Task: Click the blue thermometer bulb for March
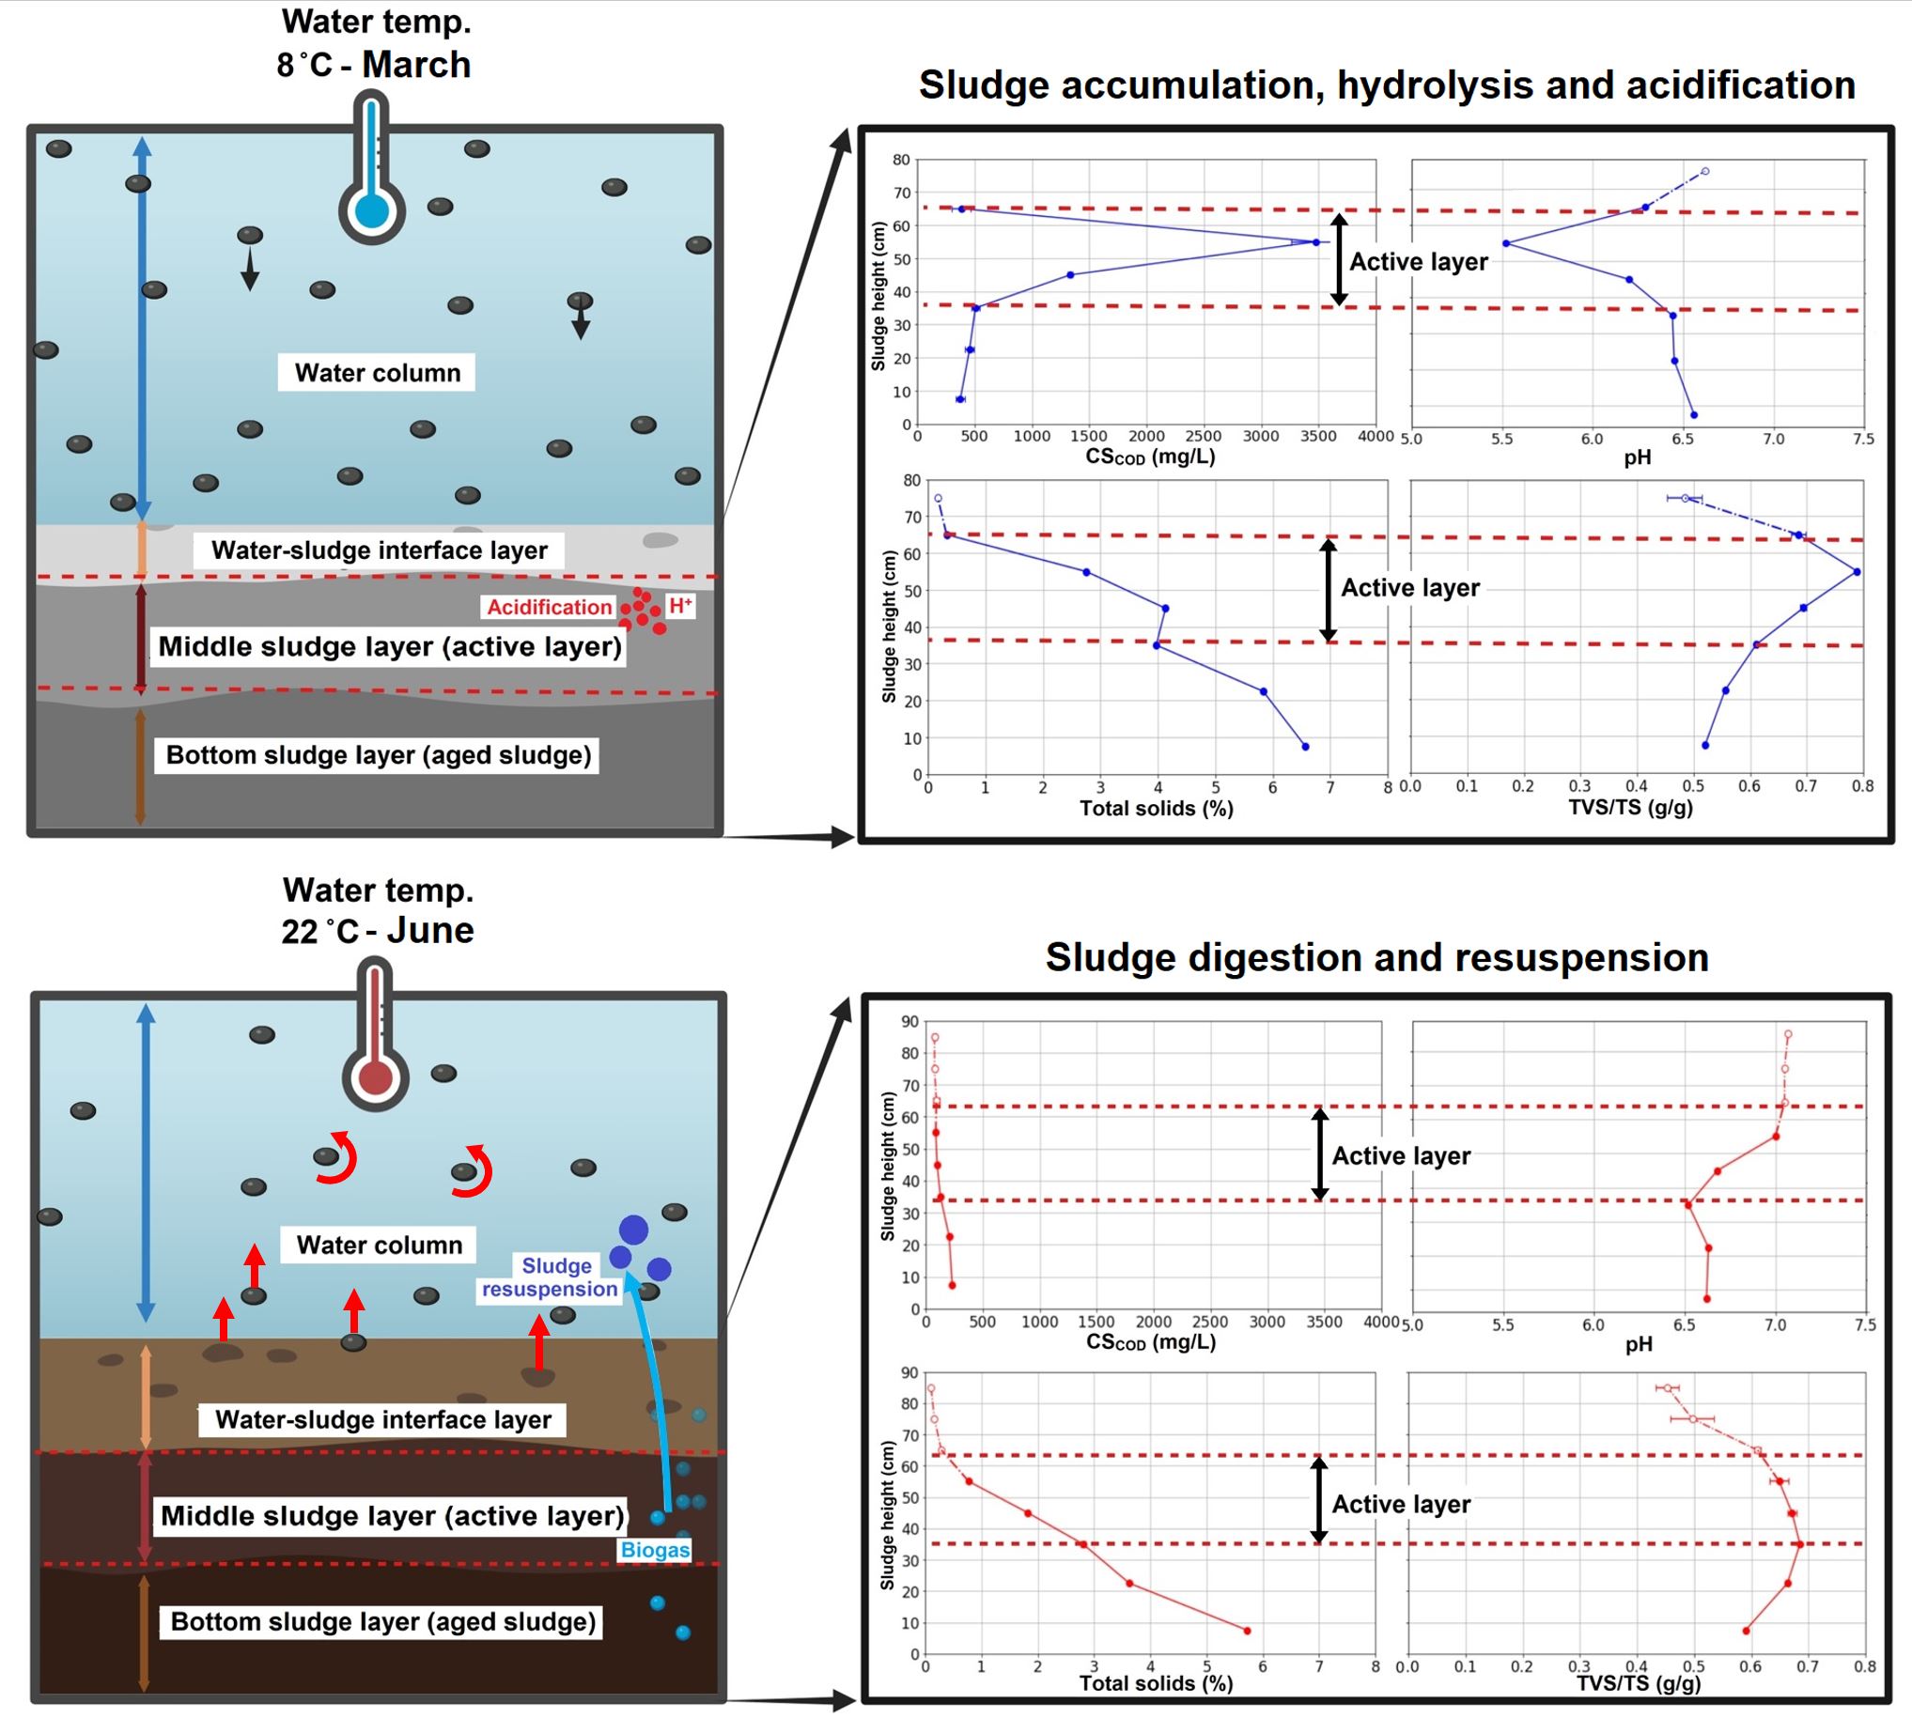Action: point(372,210)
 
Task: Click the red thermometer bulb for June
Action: point(376,1077)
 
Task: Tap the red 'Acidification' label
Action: point(549,607)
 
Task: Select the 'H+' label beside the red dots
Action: point(680,605)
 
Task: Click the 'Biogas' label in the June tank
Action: point(654,1550)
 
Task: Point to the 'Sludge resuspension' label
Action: point(551,1277)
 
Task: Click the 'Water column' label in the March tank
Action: point(377,373)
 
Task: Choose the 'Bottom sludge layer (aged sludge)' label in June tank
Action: point(382,1621)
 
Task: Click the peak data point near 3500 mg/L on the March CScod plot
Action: point(1316,242)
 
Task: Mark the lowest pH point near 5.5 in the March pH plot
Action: point(1506,243)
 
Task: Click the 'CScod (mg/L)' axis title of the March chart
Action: point(1149,457)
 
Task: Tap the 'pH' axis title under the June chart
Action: point(1639,1344)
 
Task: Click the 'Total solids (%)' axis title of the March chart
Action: point(1156,808)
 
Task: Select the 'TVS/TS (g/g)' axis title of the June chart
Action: point(1639,1683)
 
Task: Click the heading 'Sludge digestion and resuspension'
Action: point(1376,957)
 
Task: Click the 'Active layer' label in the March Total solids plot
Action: point(1409,588)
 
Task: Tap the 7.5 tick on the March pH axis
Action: point(1863,439)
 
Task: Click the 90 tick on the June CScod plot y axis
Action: point(909,1021)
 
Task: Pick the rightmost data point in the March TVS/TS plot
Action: point(1857,572)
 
